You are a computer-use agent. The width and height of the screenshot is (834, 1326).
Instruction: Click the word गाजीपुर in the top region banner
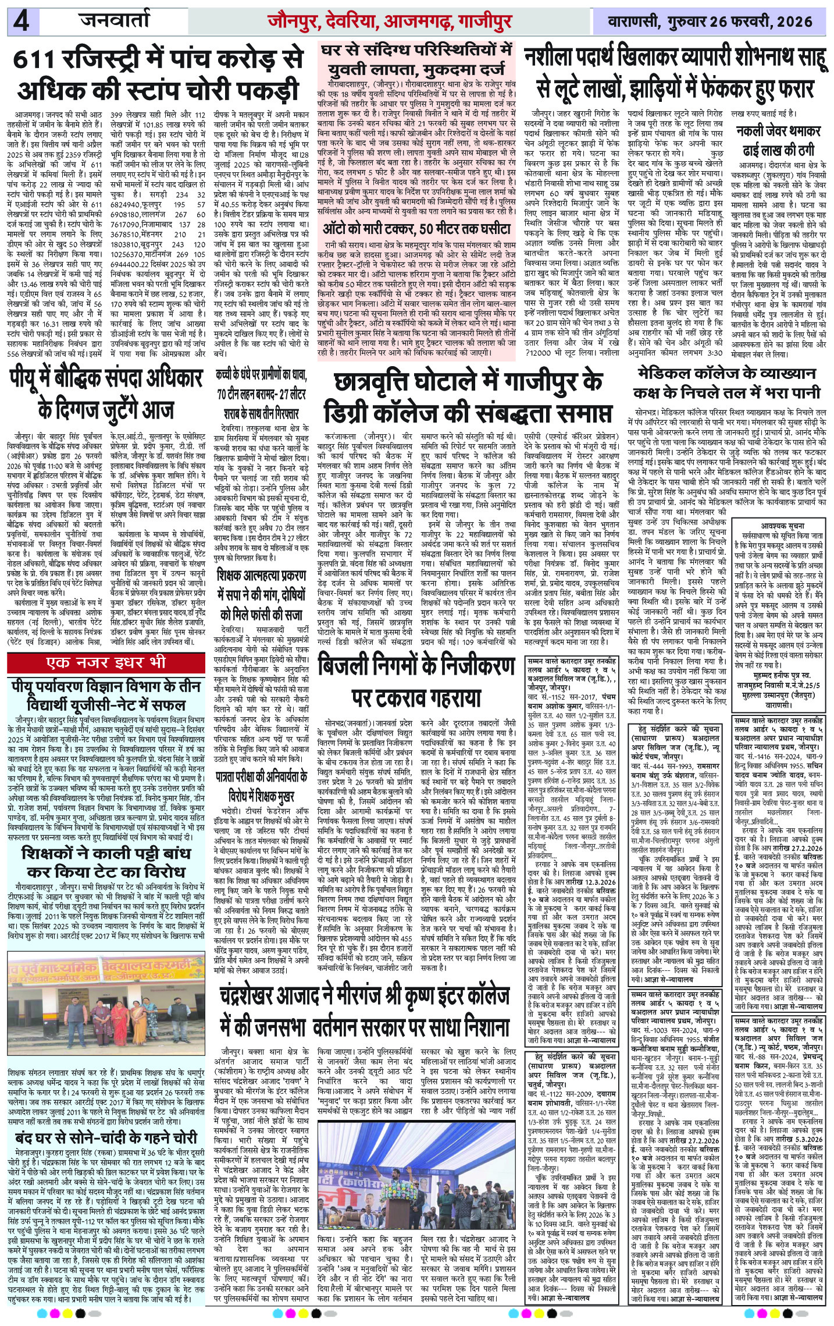484,23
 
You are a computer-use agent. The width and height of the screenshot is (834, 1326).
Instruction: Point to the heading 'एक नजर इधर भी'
107,663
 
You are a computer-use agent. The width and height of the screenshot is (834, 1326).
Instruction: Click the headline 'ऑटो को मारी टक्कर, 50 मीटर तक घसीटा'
417,229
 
